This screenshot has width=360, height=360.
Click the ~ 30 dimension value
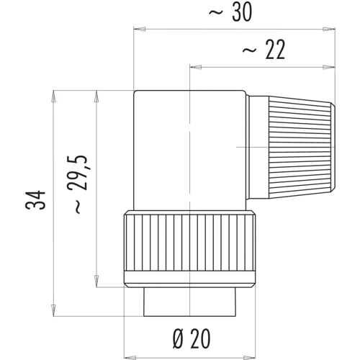pyautogui.click(x=230, y=12)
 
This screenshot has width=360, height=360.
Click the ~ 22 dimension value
pyautogui.click(x=264, y=50)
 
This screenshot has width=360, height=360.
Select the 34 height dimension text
pyautogui.click(x=35, y=199)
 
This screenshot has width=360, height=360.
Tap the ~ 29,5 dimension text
pyautogui.click(x=77, y=184)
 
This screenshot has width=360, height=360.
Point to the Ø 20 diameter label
pyautogui.click(x=192, y=338)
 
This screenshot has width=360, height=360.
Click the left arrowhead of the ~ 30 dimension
pyautogui.click(x=140, y=29)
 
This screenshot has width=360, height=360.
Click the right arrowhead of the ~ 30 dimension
pyautogui.click(x=329, y=29)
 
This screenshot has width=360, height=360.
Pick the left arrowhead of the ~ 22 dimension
pyautogui.click(x=196, y=67)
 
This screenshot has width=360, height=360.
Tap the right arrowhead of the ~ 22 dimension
pyautogui.click(x=329, y=67)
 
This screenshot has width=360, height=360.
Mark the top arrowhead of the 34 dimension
pyautogui.click(x=53, y=96)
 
